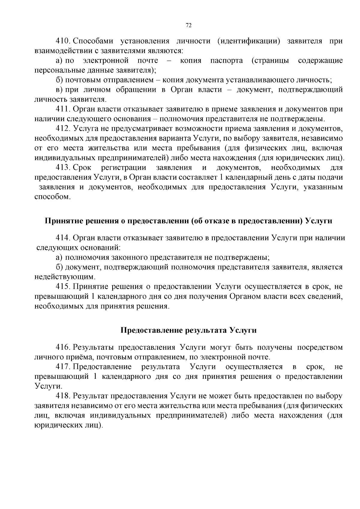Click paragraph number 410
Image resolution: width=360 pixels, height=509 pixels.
63,41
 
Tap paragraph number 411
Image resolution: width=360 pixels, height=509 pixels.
63,109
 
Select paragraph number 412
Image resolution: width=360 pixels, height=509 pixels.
63,129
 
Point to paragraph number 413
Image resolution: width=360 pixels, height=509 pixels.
63,168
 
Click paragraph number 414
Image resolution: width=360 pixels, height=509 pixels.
63,238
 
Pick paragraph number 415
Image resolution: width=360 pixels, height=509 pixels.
63,287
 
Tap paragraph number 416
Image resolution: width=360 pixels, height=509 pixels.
63,348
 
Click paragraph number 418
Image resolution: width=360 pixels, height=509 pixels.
63,396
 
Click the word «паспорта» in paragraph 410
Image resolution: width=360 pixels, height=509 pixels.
226,61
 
